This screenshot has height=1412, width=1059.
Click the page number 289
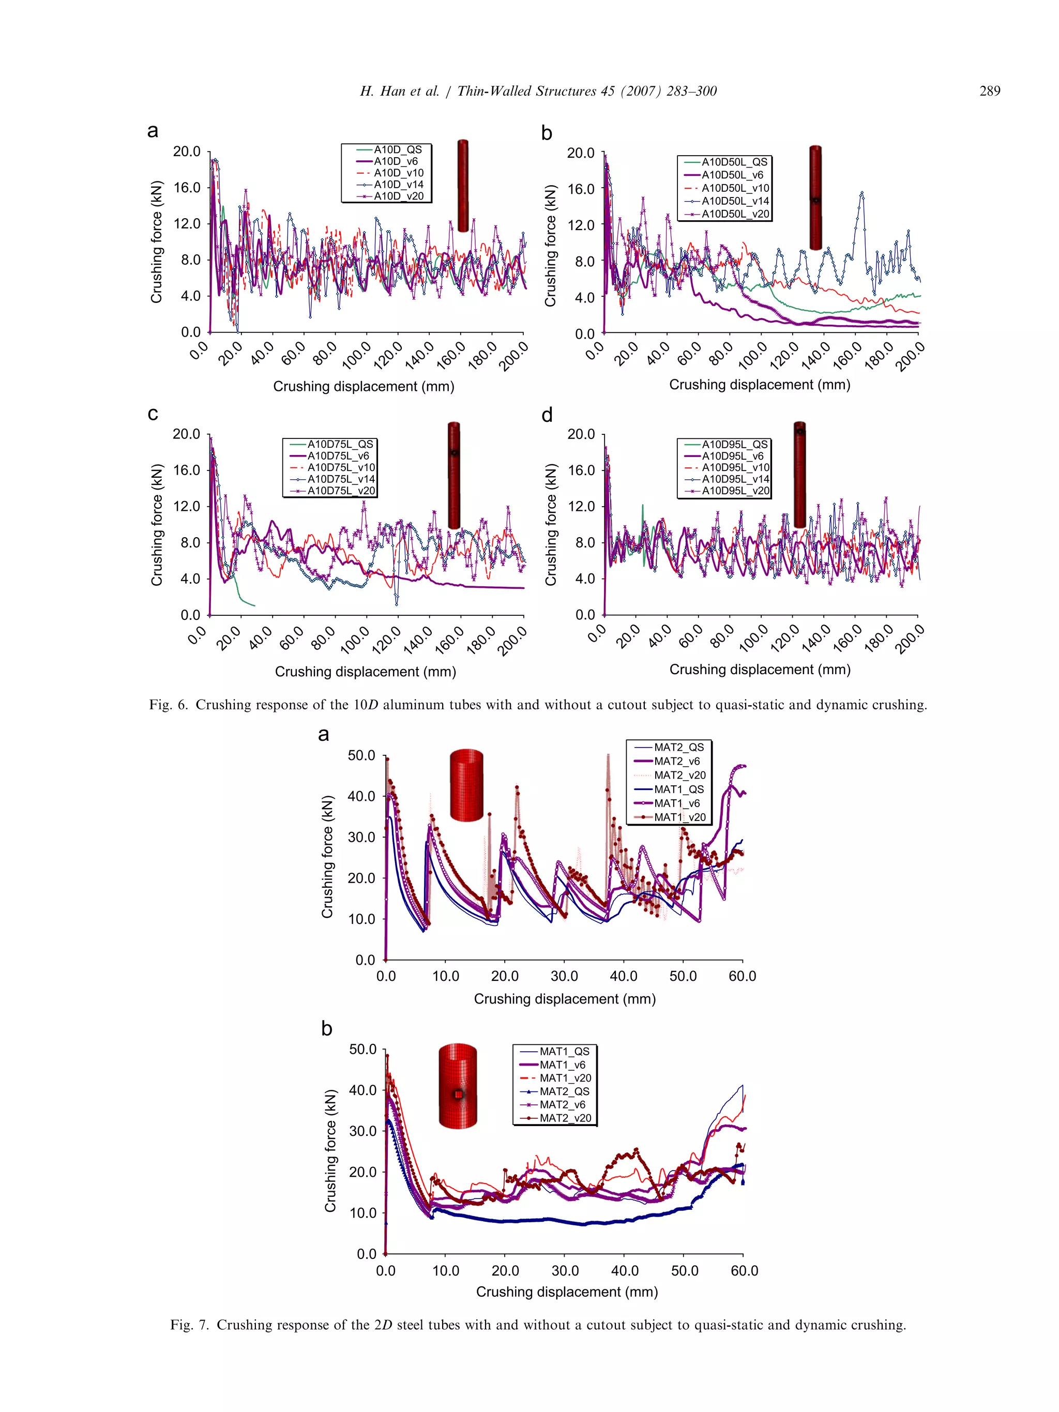tap(989, 92)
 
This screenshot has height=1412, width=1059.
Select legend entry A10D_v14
tap(398, 185)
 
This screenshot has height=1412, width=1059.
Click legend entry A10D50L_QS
tap(734, 162)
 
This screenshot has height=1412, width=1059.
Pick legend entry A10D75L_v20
tap(341, 490)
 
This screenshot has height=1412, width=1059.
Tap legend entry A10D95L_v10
tap(735, 467)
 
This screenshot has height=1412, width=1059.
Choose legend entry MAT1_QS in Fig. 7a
tap(678, 789)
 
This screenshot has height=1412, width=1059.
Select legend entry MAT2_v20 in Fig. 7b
tap(565, 1118)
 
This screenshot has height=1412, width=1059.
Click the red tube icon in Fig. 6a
tap(463, 185)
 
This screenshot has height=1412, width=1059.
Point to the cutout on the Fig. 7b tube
tap(458, 1094)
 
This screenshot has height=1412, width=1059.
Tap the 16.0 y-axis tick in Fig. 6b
tap(580, 189)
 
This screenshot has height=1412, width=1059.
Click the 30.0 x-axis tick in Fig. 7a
tap(564, 976)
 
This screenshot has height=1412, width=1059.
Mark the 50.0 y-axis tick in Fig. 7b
tap(362, 1050)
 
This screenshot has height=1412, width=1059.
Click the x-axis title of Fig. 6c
tap(365, 672)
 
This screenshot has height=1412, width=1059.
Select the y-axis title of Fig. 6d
tap(550, 525)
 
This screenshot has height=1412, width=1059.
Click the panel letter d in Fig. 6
tap(547, 416)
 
